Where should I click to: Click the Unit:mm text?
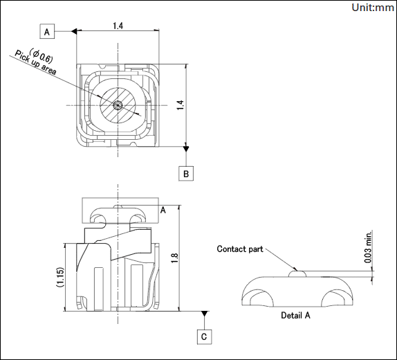[x=373, y=8]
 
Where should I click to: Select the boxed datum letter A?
[x=47, y=31]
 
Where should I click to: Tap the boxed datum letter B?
[x=186, y=174]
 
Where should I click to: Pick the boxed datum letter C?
[x=204, y=336]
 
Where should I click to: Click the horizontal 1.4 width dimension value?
[x=118, y=26]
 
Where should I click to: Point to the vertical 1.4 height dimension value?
[x=180, y=105]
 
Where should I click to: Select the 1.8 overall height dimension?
[x=175, y=258]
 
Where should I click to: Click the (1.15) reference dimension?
[x=60, y=277]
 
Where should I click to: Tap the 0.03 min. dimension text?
[x=369, y=246]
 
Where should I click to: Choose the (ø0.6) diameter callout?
[x=41, y=55]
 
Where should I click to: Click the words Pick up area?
[x=35, y=62]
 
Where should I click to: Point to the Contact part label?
[x=240, y=249]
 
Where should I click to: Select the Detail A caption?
[x=295, y=315]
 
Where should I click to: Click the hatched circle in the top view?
[x=118, y=105]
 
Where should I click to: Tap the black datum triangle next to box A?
[x=74, y=31]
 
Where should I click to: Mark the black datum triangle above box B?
[x=186, y=149]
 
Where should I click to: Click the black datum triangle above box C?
[x=204, y=314]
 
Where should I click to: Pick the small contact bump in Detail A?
[x=297, y=273]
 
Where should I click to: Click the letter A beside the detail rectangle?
[x=163, y=210]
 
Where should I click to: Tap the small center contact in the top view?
[x=118, y=105]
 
